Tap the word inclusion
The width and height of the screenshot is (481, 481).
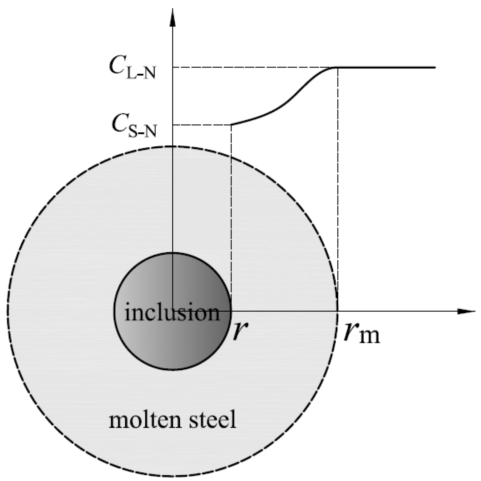click(x=172, y=312)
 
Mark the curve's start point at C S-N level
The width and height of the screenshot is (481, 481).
click(x=232, y=124)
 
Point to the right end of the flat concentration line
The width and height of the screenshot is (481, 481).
click(x=435, y=67)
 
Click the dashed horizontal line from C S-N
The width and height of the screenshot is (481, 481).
click(x=202, y=125)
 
